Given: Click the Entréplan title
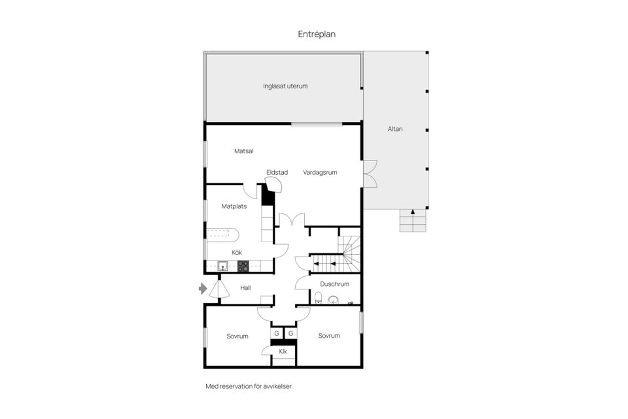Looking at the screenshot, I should coord(317,34).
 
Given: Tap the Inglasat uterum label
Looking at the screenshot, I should coord(285,86).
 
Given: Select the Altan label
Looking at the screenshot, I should coord(395,129).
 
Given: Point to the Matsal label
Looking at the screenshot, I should coord(244,151).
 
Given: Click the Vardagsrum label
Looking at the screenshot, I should coord(320,173).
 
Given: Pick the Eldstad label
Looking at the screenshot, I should coord(277,172).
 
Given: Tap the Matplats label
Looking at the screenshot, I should coord(234,206).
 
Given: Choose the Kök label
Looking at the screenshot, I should coord(237,253).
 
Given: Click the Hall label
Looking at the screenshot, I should coord(246,287).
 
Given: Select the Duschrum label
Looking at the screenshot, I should coord(334,284).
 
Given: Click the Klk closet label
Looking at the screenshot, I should coord(283,352).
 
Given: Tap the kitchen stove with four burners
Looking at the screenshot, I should coord(243,266).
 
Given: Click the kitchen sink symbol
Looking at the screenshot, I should coord(223,266).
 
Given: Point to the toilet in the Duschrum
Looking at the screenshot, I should coord(319,299).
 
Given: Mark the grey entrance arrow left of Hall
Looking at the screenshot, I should coord(203,288).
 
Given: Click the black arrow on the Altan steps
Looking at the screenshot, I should coord(413,212).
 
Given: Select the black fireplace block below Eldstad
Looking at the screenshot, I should coord(266,195).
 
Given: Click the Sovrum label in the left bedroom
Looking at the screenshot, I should coord(237,337).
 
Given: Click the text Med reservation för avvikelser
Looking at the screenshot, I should coord(249,386).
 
